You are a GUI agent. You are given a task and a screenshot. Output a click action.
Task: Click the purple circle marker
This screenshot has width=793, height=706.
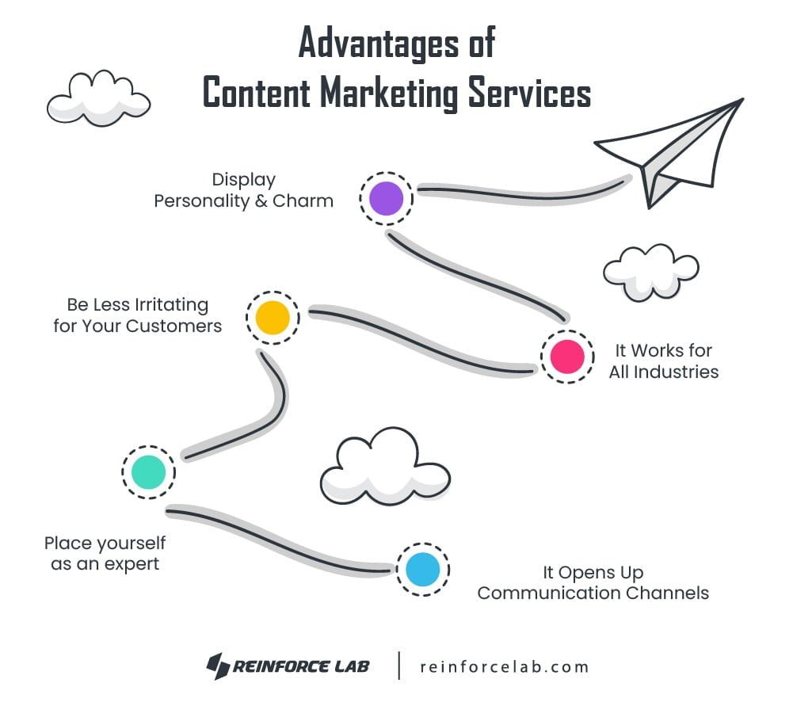click(386, 198)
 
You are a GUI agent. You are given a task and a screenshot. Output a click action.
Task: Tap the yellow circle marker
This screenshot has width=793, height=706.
click(273, 317)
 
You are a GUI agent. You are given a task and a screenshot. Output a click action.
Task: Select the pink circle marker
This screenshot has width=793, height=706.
click(567, 357)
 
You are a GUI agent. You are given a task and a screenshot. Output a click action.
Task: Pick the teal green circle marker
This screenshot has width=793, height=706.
click(148, 472)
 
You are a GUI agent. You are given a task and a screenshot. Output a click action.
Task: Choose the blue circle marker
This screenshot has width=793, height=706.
click(422, 570)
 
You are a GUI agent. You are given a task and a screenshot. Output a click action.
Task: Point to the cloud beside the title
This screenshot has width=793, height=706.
click(97, 97)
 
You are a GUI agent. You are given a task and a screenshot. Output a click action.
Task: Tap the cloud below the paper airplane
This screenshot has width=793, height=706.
click(650, 272)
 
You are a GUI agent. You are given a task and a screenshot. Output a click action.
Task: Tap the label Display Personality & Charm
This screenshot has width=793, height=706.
click(243, 190)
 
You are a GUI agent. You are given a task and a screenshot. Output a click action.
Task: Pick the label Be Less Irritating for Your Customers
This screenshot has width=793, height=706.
click(137, 315)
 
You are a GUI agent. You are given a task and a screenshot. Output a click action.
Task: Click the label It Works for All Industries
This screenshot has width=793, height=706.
click(663, 361)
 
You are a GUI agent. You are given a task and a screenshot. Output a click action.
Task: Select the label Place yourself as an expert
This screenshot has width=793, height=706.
click(105, 553)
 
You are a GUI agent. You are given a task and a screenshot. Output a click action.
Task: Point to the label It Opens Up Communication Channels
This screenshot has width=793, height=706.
click(593, 582)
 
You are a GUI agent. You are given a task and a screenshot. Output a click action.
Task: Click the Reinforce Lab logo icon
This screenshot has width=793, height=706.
click(218, 666)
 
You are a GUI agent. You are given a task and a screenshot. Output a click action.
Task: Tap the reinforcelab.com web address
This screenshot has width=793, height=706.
click(505, 666)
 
